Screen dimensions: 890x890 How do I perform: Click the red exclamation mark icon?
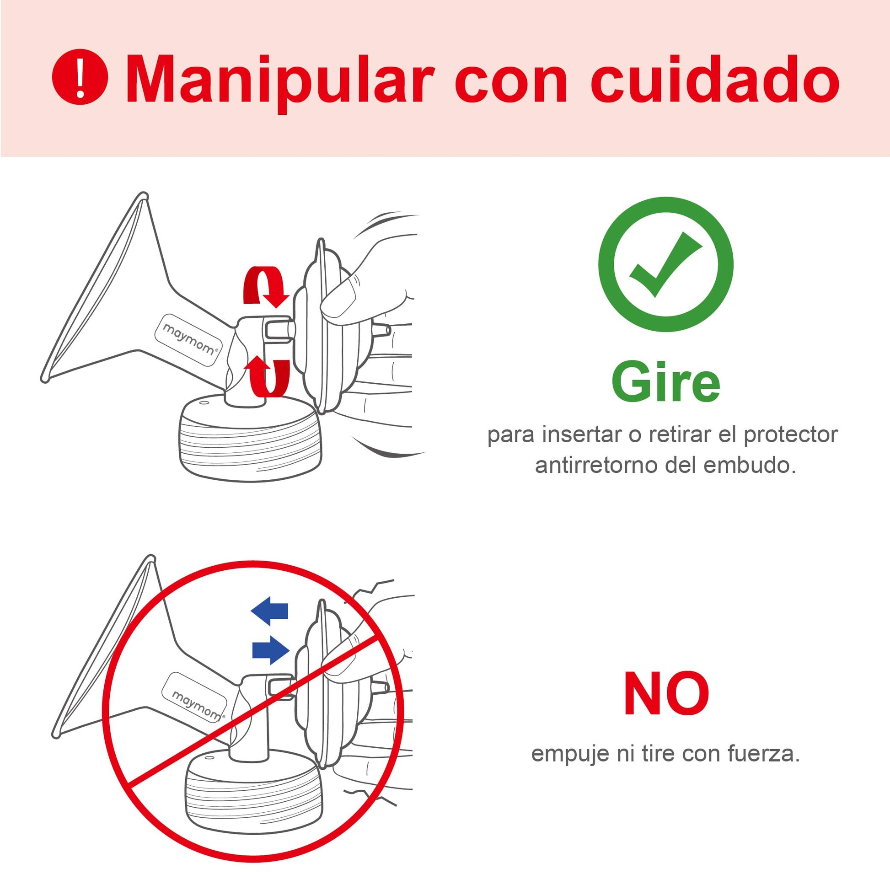[x=80, y=76]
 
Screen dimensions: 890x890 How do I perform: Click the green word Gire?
[x=665, y=382]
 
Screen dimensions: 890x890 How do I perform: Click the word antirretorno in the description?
[x=597, y=465]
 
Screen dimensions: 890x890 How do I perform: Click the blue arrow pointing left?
[x=269, y=611]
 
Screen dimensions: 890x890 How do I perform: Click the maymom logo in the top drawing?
[x=189, y=340]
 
